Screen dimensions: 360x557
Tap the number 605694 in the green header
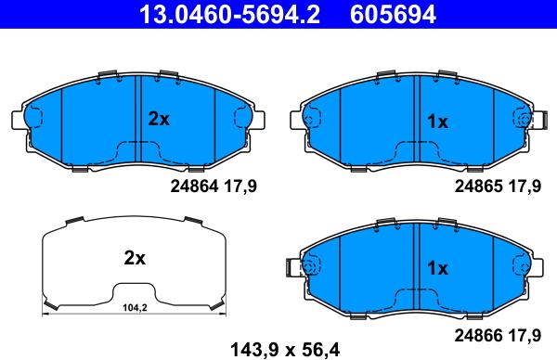point(392,14)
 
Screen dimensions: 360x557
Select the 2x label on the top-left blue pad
point(159,119)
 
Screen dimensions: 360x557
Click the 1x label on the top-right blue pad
point(436,122)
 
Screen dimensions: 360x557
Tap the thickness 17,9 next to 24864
point(240,186)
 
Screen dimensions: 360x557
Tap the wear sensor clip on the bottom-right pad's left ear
point(301,267)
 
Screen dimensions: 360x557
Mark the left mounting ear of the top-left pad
point(19,120)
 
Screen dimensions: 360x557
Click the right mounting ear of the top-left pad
point(256,120)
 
